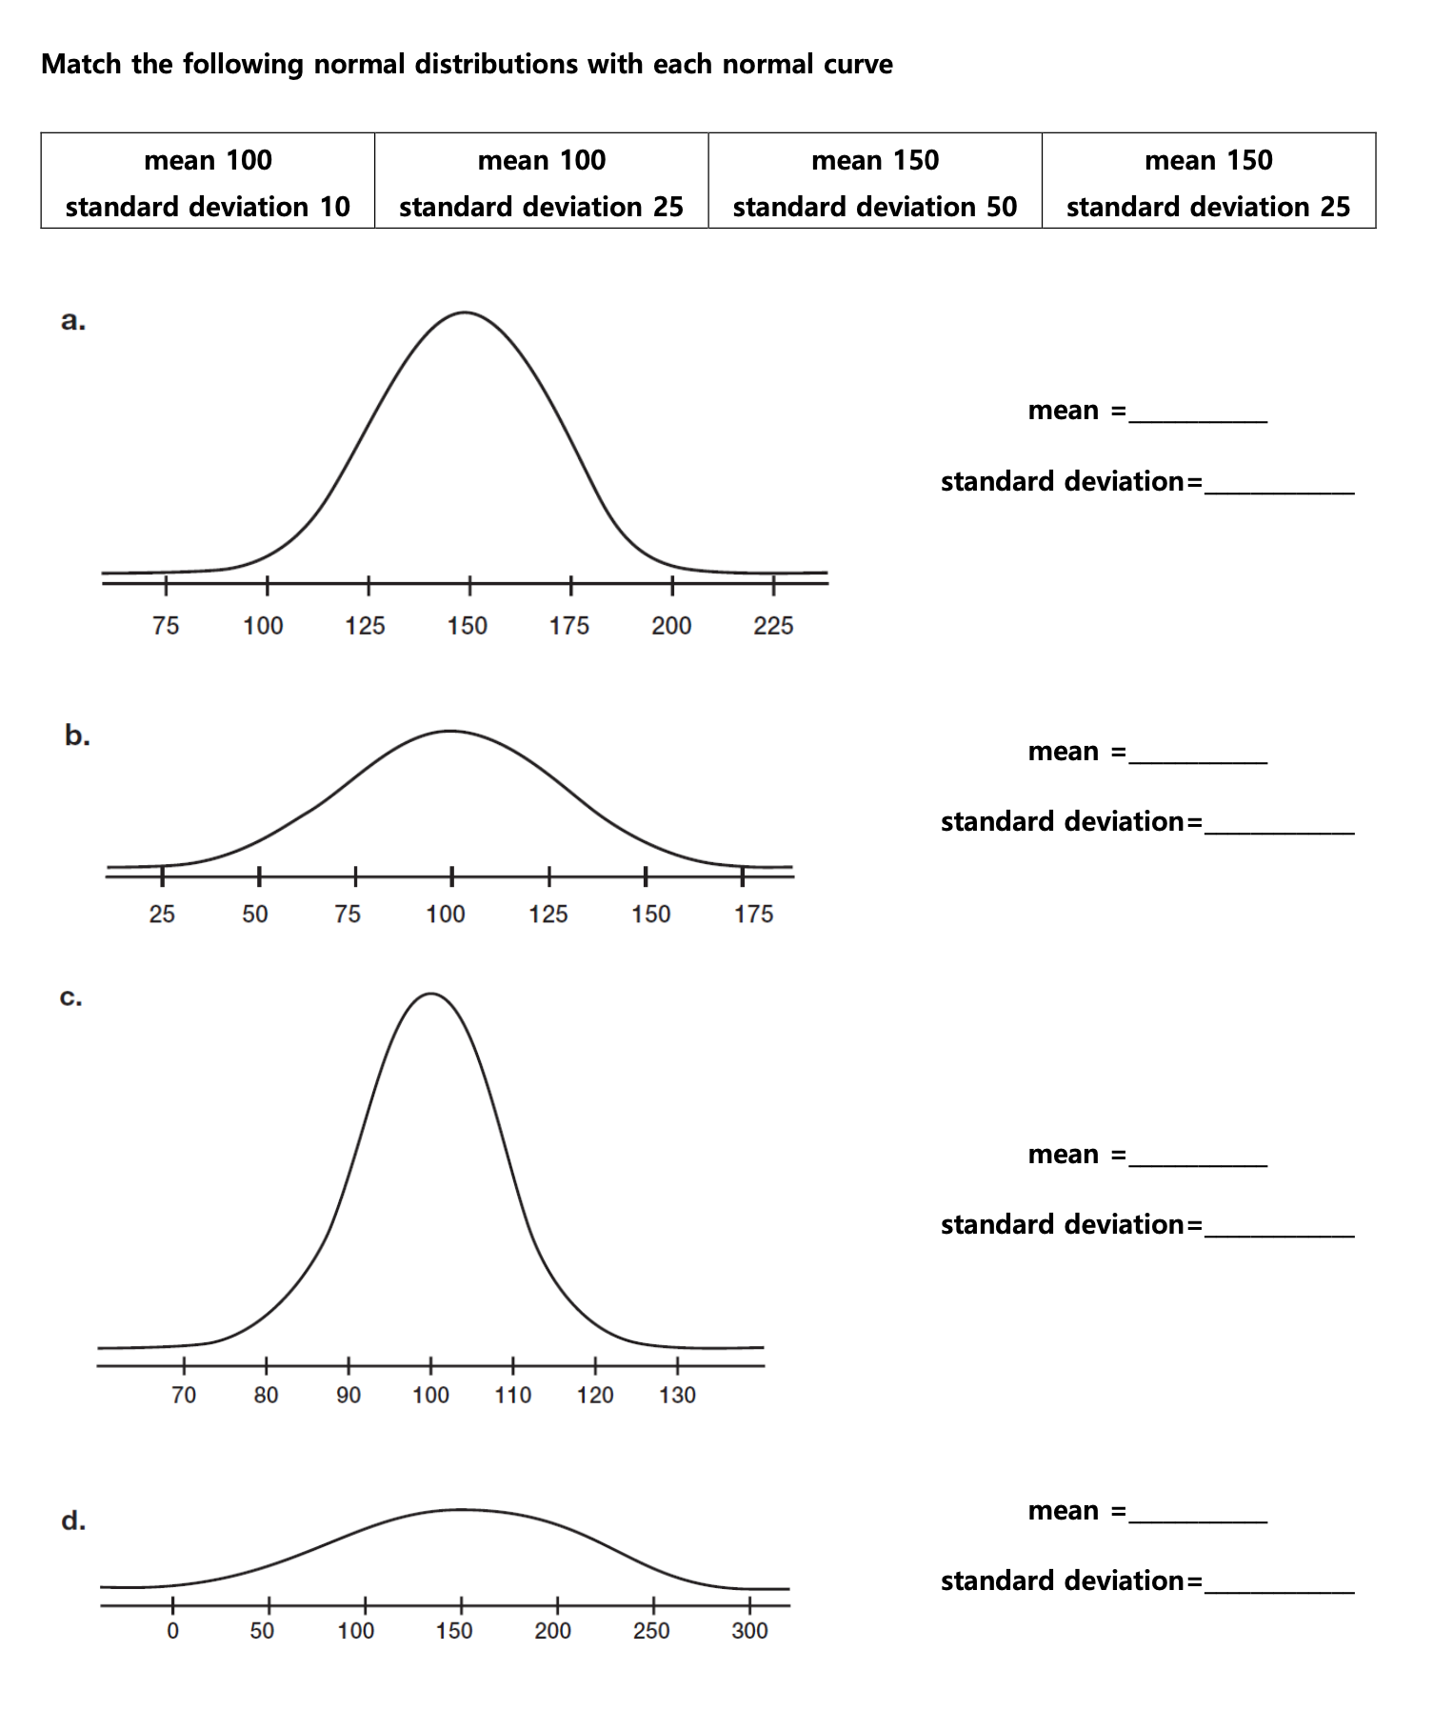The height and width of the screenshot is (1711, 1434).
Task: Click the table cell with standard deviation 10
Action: coord(208,181)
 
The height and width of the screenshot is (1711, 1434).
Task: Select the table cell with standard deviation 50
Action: coord(875,181)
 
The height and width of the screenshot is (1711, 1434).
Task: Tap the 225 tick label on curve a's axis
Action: coord(773,626)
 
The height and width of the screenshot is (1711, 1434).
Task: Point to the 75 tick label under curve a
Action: coord(166,626)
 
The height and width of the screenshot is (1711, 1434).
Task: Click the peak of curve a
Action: coord(464,313)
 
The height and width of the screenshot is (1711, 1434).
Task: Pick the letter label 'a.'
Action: coord(73,321)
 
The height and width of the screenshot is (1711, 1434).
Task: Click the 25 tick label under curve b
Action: coord(162,915)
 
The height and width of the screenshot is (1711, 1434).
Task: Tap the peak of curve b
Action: coord(449,732)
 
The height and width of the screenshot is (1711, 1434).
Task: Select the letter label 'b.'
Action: coord(77,735)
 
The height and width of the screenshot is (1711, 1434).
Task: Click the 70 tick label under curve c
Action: coord(184,1396)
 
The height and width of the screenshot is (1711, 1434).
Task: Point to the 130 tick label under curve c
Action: coord(677,1396)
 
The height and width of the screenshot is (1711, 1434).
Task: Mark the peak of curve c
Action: coord(431,995)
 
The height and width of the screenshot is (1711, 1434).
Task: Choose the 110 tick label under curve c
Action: coord(512,1396)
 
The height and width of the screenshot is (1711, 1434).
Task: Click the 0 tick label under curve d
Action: coord(172,1631)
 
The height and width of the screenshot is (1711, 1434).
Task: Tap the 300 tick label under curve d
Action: coord(749,1631)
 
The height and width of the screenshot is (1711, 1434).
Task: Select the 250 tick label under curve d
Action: coord(651,1631)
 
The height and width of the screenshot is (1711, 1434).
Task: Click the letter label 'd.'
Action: coord(73,1520)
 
